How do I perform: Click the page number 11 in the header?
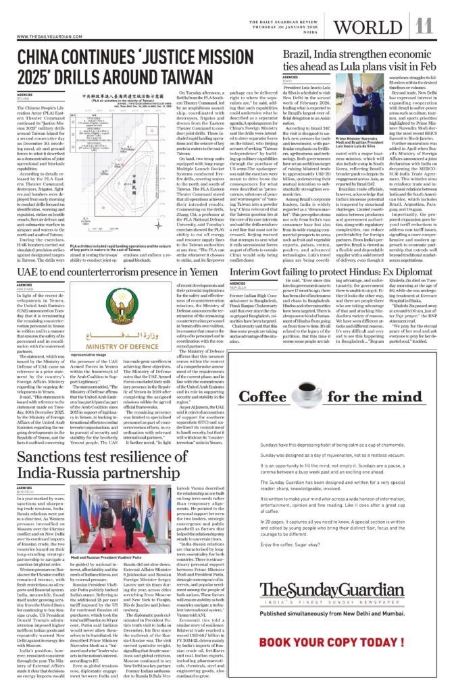pyautogui.click(x=424, y=26)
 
